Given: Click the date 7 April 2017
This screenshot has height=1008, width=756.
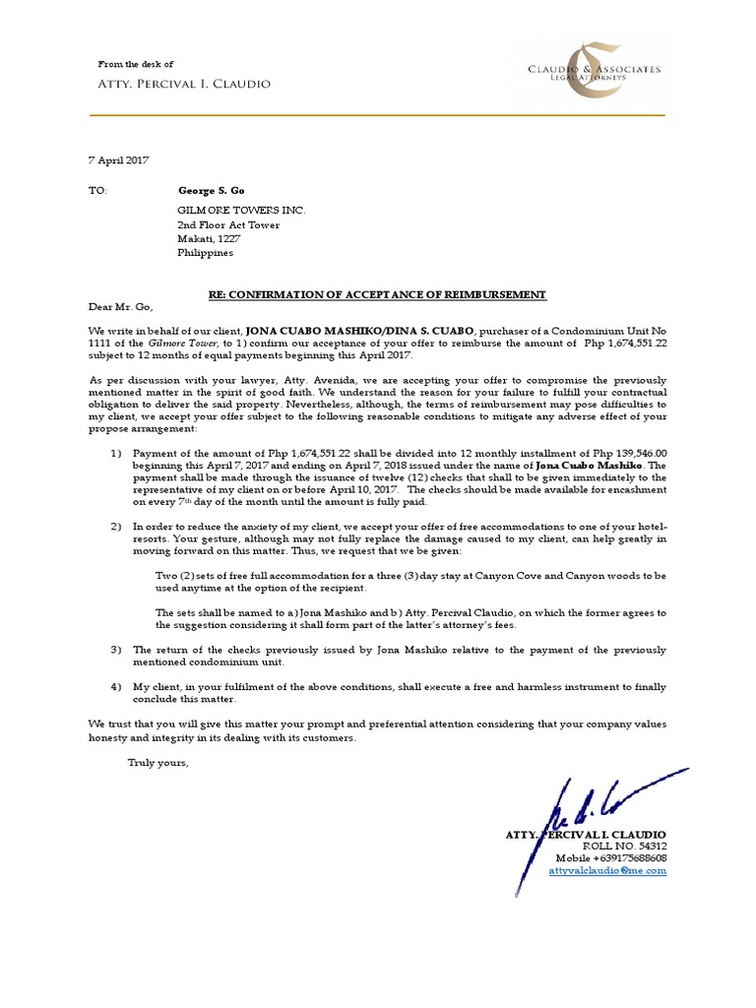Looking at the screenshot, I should tap(119, 159).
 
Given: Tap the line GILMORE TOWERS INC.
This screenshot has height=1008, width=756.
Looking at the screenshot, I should tap(241, 211).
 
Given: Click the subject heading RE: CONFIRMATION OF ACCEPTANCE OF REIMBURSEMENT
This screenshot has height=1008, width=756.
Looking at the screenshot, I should tap(378, 295).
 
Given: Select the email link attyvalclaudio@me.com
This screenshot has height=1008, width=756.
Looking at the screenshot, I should tap(607, 871).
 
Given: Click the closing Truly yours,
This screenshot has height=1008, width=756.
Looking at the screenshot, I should tap(157, 763).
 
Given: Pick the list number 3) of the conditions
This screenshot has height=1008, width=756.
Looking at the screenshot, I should tap(114, 650).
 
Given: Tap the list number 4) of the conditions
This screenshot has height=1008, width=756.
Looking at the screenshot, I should tap(114, 686).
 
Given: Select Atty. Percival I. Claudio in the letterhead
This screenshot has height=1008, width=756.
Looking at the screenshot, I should tap(184, 84).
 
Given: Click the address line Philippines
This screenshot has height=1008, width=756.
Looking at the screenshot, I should tap(205, 252).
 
